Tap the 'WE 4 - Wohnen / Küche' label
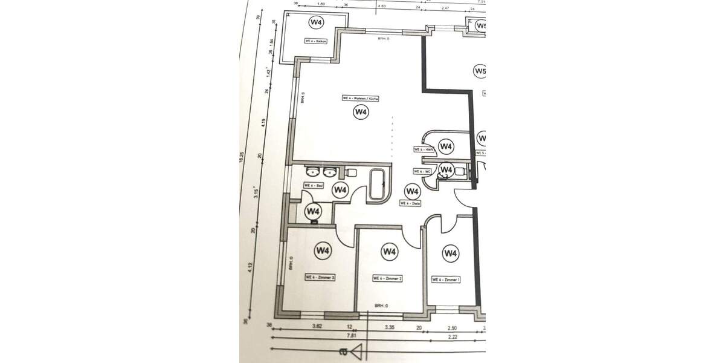coord(361,99)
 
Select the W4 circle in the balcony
coord(316,22)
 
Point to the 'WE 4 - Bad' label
coord(311,186)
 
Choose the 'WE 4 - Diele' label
coord(410,204)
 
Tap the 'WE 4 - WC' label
coord(422,171)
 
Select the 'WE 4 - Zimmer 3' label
coord(320,276)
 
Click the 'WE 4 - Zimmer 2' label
coord(387,278)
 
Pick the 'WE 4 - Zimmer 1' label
coord(446,280)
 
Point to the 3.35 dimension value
coord(390,327)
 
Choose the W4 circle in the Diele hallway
coord(413,192)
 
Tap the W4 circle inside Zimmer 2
coord(389,251)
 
